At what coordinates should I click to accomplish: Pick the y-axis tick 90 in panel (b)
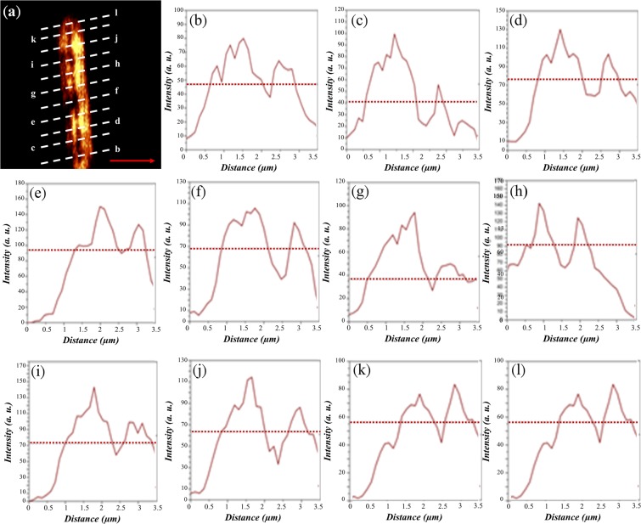[177, 11]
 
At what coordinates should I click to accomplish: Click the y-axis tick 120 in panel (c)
[338, 8]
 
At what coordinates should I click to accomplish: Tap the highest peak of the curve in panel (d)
[559, 30]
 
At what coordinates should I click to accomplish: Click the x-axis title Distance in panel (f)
[232, 339]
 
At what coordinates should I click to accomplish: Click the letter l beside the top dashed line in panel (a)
[116, 14]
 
